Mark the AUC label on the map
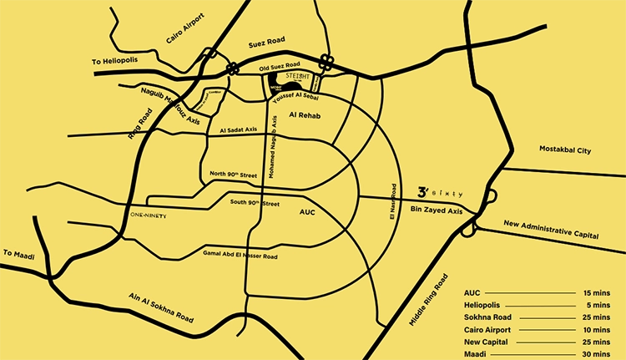(x=309, y=213)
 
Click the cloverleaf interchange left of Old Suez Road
(x=232, y=68)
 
